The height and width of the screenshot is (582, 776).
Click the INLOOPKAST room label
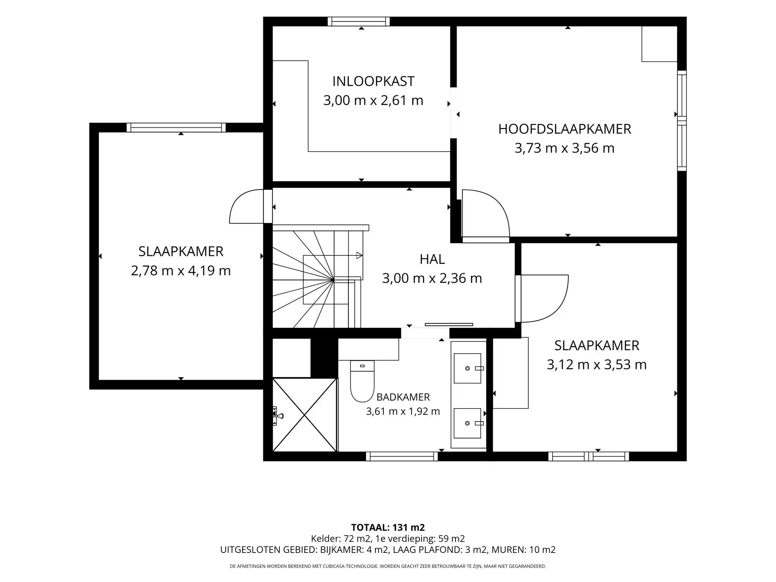tap(373, 81)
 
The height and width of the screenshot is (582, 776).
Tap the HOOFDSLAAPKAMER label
tap(564, 129)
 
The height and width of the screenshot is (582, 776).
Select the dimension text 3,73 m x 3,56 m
tap(564, 148)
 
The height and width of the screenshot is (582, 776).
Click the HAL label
tap(432, 259)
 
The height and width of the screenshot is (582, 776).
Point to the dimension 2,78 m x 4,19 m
tap(181, 270)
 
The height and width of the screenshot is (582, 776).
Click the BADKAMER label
tap(403, 397)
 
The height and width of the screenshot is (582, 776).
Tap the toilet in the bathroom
tap(362, 381)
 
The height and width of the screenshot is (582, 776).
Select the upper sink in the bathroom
tap(468, 368)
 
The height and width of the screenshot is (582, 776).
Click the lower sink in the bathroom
tap(468, 423)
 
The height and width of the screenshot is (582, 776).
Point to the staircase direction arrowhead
tap(359, 255)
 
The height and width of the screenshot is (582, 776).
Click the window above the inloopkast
tap(358, 21)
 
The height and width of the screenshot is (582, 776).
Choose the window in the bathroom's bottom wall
tap(402, 456)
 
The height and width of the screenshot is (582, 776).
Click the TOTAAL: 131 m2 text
tap(388, 527)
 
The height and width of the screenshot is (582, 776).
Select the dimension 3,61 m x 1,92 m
tap(403, 411)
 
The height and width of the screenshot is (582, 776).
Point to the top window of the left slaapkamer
tap(176, 128)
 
